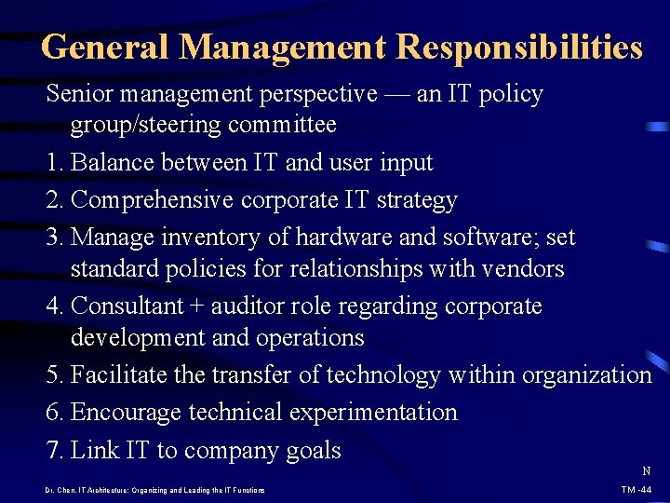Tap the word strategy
(x=417, y=200)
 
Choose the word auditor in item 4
(x=276, y=306)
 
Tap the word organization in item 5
(x=586, y=375)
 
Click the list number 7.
(x=52, y=451)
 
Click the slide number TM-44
(x=637, y=489)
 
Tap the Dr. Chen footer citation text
(x=154, y=490)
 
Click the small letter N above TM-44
(x=646, y=471)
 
